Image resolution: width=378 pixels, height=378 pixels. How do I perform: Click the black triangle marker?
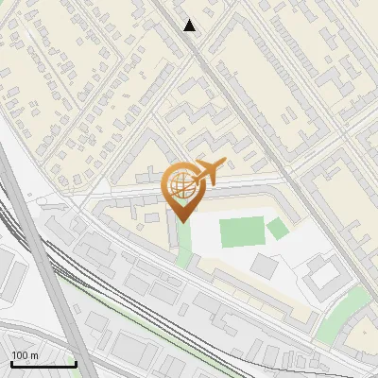[190, 26]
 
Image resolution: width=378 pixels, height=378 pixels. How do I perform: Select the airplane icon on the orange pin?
[207, 171]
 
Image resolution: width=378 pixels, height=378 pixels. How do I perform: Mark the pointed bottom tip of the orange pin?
[181, 221]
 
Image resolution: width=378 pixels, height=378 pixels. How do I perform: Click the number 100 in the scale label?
[21, 355]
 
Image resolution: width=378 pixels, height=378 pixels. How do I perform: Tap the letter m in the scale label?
[35, 355]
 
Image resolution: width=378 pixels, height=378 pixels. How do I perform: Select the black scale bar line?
[43, 364]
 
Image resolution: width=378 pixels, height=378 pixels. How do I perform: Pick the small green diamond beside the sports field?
[277, 228]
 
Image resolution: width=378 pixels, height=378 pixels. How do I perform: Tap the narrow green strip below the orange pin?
[183, 242]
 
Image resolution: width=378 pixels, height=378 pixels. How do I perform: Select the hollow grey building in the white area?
[325, 274]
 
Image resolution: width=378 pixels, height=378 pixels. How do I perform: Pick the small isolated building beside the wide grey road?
[20, 274]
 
